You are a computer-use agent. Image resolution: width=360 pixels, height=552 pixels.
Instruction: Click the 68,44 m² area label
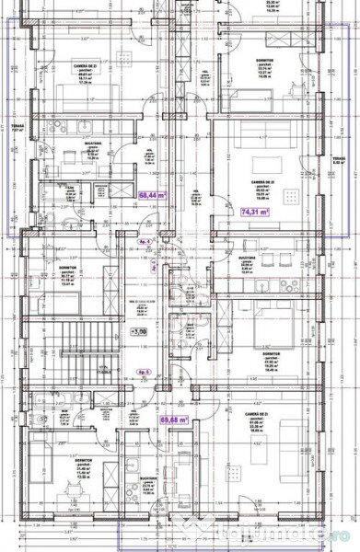point(152,195)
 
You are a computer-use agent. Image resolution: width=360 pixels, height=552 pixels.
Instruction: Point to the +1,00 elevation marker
point(139,331)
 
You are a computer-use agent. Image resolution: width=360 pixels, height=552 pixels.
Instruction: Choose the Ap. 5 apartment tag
point(143,372)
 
